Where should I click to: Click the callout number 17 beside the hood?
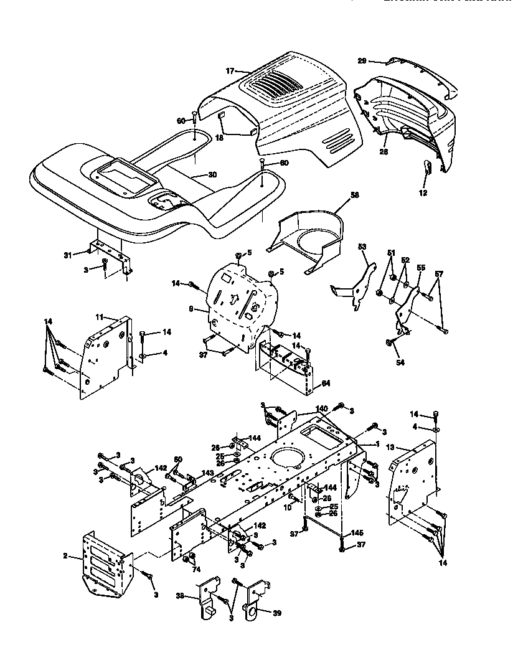tap(229, 72)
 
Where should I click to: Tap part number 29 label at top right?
tap(362, 61)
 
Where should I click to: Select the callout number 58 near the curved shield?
tap(355, 195)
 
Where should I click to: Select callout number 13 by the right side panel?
tap(390, 448)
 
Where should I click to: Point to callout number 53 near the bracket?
tap(363, 247)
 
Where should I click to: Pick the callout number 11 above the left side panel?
tap(98, 317)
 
